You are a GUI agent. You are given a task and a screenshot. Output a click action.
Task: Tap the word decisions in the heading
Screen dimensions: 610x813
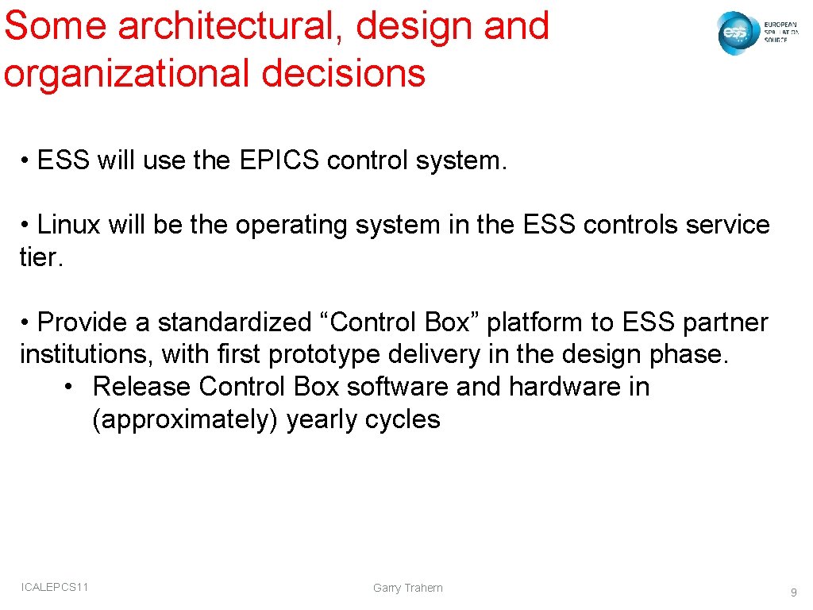(x=343, y=73)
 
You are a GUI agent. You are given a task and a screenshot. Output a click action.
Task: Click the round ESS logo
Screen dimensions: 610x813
(x=736, y=33)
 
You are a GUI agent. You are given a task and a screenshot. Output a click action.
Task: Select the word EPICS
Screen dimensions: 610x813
(x=278, y=160)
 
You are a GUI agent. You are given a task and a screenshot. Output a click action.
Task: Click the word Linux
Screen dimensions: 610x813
(x=69, y=225)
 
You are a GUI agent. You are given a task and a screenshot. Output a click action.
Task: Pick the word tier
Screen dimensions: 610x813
(x=40, y=257)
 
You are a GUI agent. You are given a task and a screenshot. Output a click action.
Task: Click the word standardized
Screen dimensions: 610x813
(x=234, y=322)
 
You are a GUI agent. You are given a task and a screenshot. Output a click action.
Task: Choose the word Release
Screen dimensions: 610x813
(x=142, y=387)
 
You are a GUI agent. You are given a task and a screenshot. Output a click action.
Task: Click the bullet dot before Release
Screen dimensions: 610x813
(x=70, y=388)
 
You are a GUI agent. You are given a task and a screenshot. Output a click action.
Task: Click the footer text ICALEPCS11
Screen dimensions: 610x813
(x=56, y=587)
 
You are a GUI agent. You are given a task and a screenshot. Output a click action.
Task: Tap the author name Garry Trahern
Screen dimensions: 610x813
(x=408, y=588)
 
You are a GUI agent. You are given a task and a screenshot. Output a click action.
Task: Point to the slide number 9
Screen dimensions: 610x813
(x=793, y=593)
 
